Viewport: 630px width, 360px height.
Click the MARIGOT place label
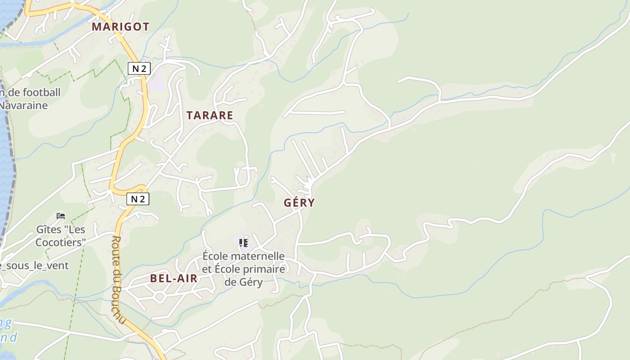[x=120, y=27]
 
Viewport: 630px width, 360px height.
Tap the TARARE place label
[x=210, y=115]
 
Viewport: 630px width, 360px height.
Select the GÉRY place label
[x=299, y=202]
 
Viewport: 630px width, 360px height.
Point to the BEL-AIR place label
[x=174, y=278]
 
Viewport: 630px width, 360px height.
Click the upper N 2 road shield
[x=139, y=68]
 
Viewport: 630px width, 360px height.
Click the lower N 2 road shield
[x=137, y=198]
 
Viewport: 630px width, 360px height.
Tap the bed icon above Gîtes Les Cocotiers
[x=61, y=216]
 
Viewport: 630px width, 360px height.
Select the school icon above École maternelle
[x=243, y=243]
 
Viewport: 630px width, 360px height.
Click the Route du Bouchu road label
[x=118, y=279]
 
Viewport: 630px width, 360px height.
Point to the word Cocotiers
[x=61, y=243]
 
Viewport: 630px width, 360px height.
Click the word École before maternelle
[x=216, y=256]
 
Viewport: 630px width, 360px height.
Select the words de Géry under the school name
[x=243, y=282]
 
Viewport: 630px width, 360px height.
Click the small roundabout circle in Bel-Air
[x=159, y=297]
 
